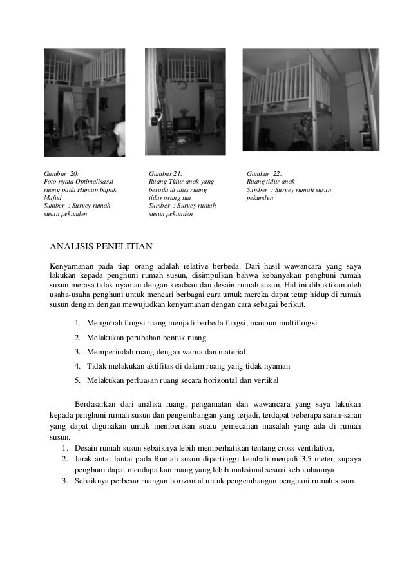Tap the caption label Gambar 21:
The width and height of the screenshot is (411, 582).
tap(166, 173)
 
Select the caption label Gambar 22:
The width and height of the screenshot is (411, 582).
tap(264, 173)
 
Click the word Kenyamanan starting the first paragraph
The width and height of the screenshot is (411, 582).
tap(68, 266)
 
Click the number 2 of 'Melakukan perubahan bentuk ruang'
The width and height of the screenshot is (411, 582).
tap(77, 337)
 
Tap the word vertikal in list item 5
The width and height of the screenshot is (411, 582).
tap(265, 380)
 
